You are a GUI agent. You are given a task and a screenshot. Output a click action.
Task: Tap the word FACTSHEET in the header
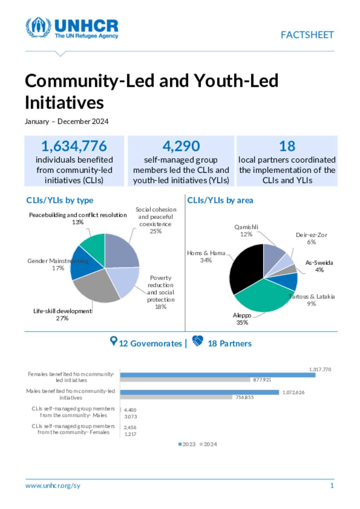click(307, 35)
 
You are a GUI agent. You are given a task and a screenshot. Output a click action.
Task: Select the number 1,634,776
click(74, 146)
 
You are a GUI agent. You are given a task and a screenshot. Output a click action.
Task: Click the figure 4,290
click(181, 146)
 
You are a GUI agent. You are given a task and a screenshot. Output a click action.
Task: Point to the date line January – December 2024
click(66, 122)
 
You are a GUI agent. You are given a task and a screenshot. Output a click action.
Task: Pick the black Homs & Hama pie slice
click(246, 267)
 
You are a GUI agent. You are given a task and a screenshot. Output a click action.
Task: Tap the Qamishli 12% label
click(246, 230)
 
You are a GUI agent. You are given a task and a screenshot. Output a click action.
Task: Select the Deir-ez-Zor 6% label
click(311, 238)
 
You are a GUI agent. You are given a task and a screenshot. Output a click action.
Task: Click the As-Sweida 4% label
click(319, 266)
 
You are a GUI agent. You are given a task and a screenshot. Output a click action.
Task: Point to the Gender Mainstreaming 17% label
click(58, 264)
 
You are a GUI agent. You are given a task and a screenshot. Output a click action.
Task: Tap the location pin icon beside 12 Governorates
click(113, 341)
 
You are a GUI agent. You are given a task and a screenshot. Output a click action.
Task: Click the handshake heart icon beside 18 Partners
click(198, 341)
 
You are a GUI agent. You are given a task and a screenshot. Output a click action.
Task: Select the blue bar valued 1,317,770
click(218, 375)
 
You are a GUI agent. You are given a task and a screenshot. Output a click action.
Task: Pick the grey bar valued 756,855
click(176, 397)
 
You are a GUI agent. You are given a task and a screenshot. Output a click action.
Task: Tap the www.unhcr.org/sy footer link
click(53, 486)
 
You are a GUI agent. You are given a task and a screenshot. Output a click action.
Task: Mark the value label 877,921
click(262, 380)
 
